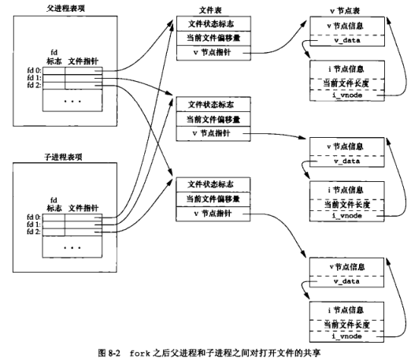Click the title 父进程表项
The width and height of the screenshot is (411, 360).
pos(65,9)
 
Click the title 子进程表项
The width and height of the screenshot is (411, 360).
pos(63,157)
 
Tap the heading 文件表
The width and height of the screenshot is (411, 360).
pos(210,10)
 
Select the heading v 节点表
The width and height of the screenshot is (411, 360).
pos(345,11)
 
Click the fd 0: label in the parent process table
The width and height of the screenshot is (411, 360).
pos(34,70)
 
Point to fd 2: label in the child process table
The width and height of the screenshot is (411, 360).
pos(34,232)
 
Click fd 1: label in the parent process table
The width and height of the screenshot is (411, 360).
pos(34,78)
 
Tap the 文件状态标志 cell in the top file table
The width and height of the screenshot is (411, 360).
pos(211,24)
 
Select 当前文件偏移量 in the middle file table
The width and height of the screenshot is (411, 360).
pos(213,120)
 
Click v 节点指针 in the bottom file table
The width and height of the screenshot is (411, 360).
pos(213,213)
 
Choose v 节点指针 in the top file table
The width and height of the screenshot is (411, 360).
pos(212,52)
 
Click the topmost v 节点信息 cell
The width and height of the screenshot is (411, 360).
pos(345,26)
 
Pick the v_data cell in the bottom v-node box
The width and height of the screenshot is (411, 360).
pos(346,281)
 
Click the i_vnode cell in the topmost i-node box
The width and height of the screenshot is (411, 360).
pos(347,95)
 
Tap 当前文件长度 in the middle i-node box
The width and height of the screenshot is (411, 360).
pos(347,204)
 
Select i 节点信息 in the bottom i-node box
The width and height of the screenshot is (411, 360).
pos(346,310)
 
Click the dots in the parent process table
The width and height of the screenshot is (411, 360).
pos(72,102)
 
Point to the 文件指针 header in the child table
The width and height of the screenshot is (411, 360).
pos(83,208)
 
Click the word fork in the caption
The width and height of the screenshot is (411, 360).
pos(139,353)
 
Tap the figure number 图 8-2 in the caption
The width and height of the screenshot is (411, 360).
pos(109,353)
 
